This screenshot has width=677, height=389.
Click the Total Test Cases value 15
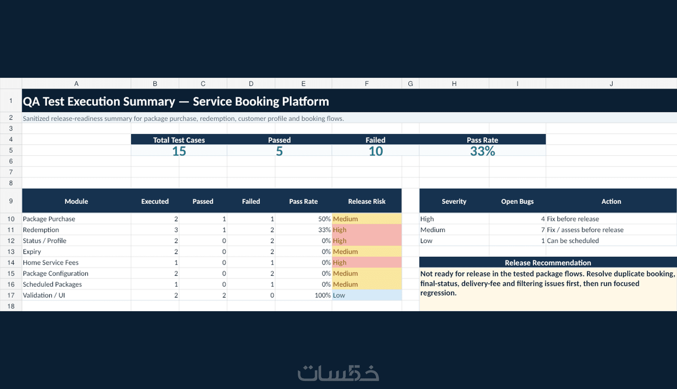coord(179,151)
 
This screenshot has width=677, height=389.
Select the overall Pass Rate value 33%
coord(482,151)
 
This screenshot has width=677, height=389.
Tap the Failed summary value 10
coord(376,151)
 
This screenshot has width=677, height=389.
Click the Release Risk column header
coord(366,201)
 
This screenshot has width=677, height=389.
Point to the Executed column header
coord(155,201)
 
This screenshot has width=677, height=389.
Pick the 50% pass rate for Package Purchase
coord(324,219)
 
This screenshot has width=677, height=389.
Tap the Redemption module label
coord(41,230)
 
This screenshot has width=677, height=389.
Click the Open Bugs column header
coord(517,201)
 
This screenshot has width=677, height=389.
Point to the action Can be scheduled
coord(573,241)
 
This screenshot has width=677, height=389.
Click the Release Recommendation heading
coord(548,263)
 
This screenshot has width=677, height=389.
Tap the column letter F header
coord(366,84)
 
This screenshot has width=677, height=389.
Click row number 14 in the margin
coord(11,263)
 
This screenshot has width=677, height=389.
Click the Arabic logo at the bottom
coord(338,373)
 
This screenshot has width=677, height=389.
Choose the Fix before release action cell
coord(573,219)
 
